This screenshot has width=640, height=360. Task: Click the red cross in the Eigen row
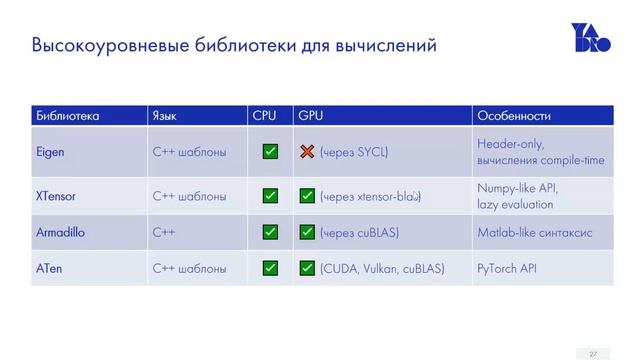pos(307,152)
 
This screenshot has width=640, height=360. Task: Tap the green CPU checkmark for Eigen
pos(270,152)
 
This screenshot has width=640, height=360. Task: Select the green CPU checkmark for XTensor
pos(270,196)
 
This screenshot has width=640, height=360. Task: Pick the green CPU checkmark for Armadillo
pos(270,232)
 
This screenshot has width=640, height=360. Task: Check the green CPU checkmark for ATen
pos(270,268)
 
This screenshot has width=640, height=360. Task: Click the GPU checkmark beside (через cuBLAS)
pos(307,232)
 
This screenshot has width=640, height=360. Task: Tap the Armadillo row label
pos(61,232)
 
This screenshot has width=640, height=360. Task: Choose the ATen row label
pos(48,268)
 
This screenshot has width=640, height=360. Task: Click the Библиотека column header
pos(67,116)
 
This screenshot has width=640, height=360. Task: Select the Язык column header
pos(165,116)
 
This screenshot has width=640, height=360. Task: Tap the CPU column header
pos(264,116)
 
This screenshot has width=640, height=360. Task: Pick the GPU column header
pos(309,116)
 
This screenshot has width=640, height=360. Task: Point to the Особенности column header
pos(514,116)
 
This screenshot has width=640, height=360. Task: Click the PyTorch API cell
pos(507,268)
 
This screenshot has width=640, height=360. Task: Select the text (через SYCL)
pos(354,152)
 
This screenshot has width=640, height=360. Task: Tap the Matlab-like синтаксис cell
pos(535,232)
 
